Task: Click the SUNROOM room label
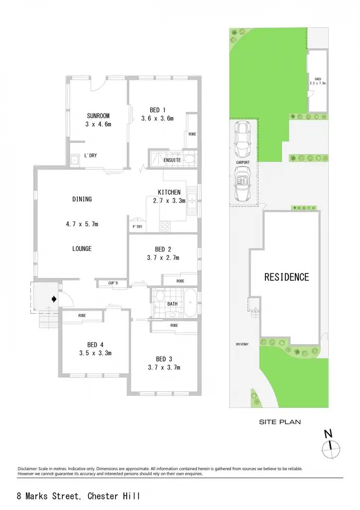click(x=98, y=116)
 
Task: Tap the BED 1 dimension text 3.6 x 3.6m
click(x=157, y=119)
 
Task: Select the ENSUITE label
click(x=172, y=160)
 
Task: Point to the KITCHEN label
click(x=169, y=192)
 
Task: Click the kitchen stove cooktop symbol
click(x=165, y=226)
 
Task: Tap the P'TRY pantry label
click(x=137, y=227)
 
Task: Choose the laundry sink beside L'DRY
click(x=75, y=160)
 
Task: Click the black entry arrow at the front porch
click(x=54, y=299)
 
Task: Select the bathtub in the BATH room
click(x=190, y=303)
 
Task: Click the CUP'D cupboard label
click(x=113, y=283)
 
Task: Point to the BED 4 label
click(x=95, y=345)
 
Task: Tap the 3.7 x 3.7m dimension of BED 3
click(x=164, y=368)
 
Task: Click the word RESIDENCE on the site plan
click(x=286, y=277)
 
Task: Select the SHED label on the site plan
click(x=318, y=79)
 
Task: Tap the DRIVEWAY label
click(x=242, y=344)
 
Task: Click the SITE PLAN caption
click(x=280, y=422)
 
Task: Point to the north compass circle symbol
click(x=331, y=449)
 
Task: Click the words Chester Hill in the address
click(x=114, y=496)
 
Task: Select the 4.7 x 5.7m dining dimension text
click(x=82, y=224)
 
